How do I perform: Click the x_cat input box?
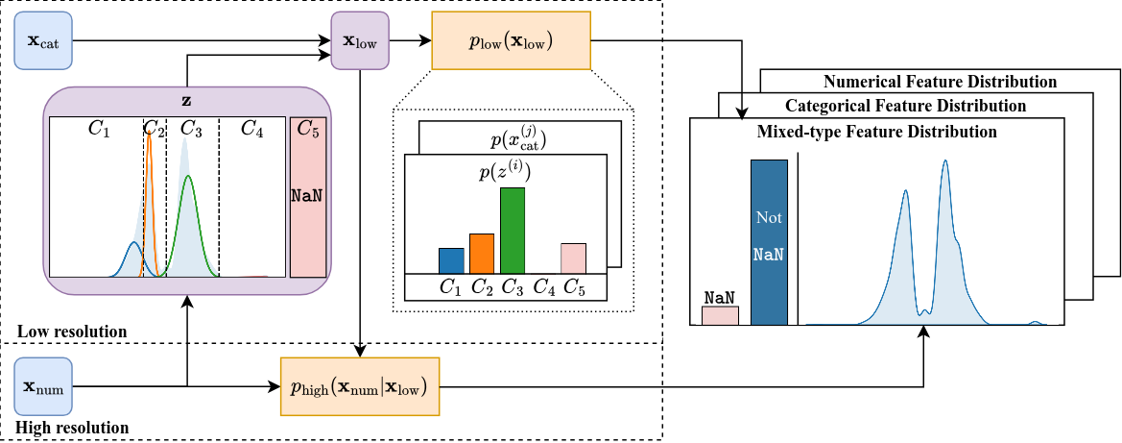click(x=43, y=40)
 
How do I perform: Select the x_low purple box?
click(x=360, y=40)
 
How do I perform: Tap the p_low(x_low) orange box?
click(x=512, y=41)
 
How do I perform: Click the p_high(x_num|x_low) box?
click(x=359, y=386)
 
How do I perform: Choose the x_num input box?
click(x=43, y=386)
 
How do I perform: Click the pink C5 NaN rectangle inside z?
click(x=307, y=197)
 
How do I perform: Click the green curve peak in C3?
click(x=189, y=178)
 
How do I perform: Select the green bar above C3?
click(x=513, y=231)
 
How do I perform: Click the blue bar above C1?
click(x=451, y=260)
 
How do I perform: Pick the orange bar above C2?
click(x=482, y=254)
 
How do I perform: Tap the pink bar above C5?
click(x=573, y=258)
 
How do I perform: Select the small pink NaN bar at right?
click(x=720, y=315)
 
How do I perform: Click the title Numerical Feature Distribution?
click(x=940, y=82)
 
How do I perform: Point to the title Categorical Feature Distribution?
click(x=905, y=106)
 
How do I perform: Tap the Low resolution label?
click(x=72, y=332)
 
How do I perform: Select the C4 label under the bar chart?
click(x=542, y=286)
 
